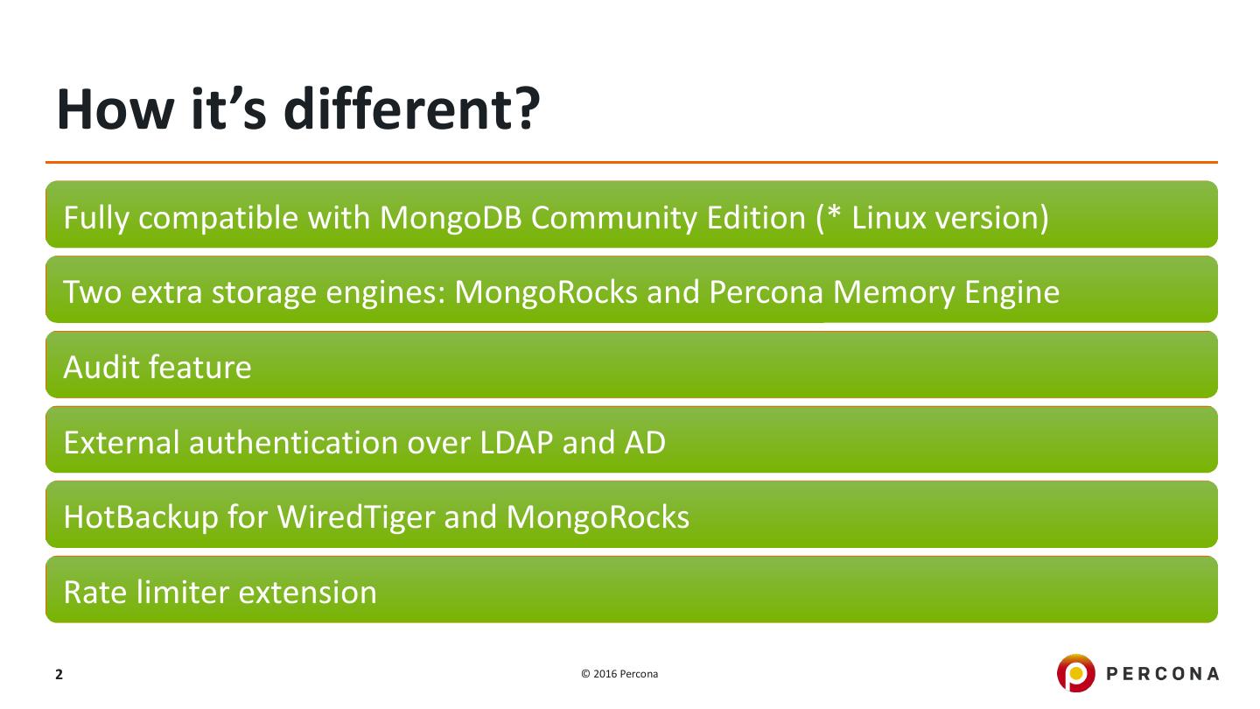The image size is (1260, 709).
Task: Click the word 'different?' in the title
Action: tap(412, 109)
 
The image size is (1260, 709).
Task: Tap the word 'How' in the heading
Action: tap(115, 109)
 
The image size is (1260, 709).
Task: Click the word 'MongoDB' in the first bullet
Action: tap(451, 217)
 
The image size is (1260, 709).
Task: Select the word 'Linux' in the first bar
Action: tap(888, 217)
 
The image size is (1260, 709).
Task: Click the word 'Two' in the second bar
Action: tap(92, 292)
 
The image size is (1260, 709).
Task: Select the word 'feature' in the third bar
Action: tap(199, 367)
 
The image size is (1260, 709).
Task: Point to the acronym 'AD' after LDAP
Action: tap(645, 442)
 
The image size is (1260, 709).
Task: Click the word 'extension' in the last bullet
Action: tap(308, 593)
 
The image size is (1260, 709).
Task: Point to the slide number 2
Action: tap(59, 674)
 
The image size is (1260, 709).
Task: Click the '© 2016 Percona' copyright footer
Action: tap(619, 674)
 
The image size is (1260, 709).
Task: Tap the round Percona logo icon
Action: tap(1075, 673)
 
